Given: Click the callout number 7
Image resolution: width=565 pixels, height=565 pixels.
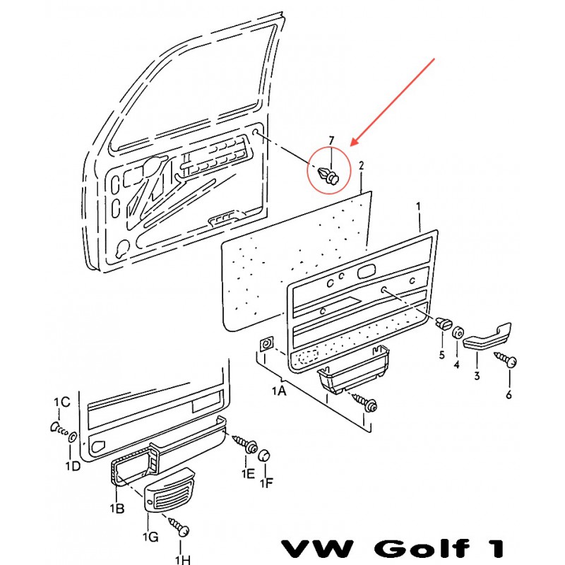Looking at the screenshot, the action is [x=331, y=141].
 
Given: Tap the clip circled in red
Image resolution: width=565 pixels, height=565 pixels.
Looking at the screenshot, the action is [x=329, y=175].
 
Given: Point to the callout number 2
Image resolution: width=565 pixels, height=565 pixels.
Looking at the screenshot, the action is [x=361, y=166].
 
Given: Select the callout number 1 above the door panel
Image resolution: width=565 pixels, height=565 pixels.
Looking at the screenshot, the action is [x=418, y=206].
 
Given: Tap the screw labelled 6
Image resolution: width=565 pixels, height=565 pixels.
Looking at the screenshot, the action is [x=506, y=359].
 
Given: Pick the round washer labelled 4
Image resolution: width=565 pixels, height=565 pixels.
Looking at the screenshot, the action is [x=458, y=333].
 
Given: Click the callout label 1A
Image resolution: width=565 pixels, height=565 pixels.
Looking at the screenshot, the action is [x=278, y=391].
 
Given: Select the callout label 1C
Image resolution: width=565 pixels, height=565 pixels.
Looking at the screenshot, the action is [x=61, y=402].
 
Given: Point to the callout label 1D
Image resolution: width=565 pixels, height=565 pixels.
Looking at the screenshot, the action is [x=73, y=466].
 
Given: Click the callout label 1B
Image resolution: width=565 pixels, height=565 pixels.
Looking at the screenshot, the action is [x=117, y=508].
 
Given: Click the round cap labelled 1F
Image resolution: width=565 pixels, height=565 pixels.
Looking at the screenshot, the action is [x=264, y=456].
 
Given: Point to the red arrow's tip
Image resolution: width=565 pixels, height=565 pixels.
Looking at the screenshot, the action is [x=350, y=146].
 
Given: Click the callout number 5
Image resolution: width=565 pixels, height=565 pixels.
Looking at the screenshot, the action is [x=442, y=355].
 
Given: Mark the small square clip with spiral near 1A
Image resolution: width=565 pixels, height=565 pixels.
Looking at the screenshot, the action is [x=267, y=344].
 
